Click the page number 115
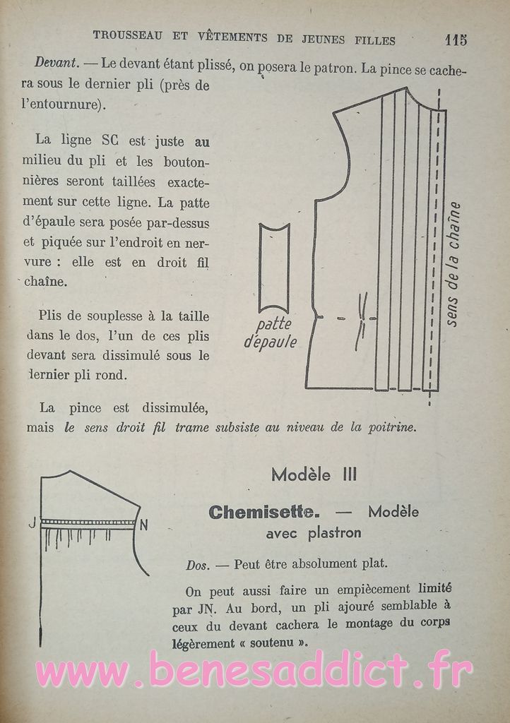tap(456, 40)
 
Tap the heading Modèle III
tap(314, 474)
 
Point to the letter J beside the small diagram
tap(32, 523)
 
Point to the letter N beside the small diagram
tap(143, 525)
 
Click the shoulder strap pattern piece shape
tap(274, 268)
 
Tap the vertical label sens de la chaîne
tap(455, 264)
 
